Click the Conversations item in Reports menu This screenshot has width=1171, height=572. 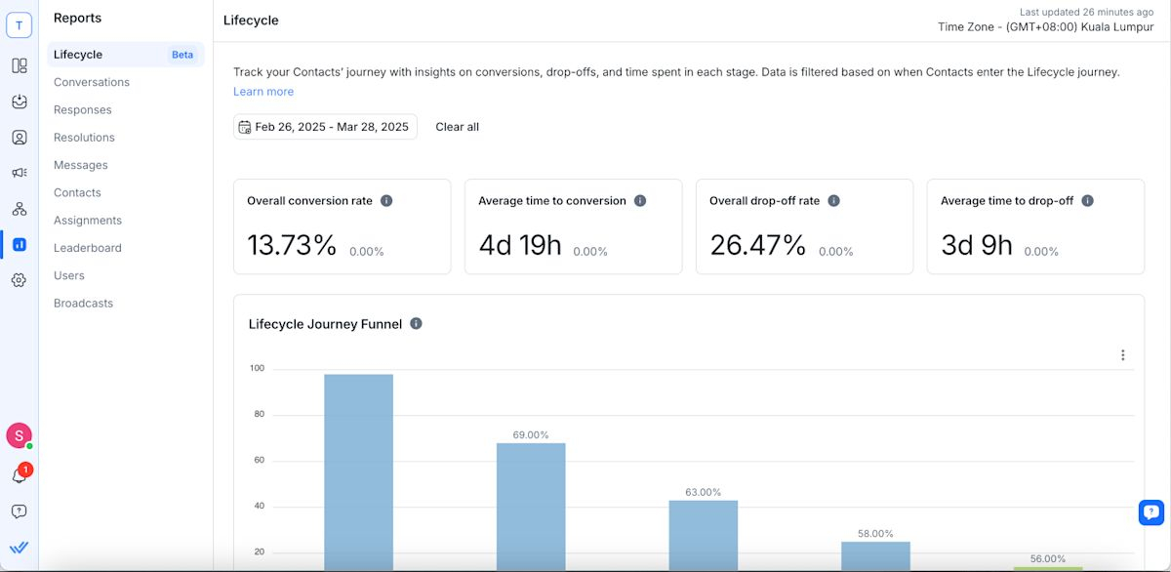click(92, 82)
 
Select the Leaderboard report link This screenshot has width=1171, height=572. click(88, 248)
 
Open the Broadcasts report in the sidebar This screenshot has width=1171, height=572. click(83, 304)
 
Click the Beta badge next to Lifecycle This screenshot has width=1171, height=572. click(182, 55)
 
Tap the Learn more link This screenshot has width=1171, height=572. click(263, 92)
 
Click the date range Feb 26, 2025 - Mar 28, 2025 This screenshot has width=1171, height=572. click(325, 127)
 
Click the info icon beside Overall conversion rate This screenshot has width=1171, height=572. click(386, 201)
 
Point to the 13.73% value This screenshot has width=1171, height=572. click(291, 245)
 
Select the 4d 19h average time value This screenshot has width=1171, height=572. click(520, 245)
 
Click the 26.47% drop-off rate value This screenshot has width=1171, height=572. click(757, 245)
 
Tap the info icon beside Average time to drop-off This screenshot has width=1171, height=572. click(1087, 201)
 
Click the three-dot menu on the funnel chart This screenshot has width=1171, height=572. click(1123, 355)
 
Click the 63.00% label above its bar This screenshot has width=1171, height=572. click(703, 492)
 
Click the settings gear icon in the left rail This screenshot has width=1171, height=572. click(19, 280)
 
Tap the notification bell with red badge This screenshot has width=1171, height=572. click(19, 475)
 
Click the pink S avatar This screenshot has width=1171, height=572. click(19, 435)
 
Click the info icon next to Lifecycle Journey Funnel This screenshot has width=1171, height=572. click(417, 324)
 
